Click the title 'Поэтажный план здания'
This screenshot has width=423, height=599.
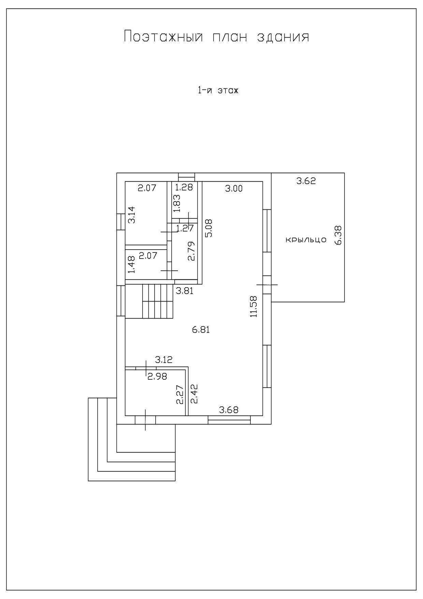[216, 37]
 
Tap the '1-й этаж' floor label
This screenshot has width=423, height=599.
[217, 91]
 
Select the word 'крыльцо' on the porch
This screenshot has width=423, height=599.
[306, 240]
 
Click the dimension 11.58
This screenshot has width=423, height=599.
[253, 306]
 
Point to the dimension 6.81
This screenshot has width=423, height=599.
[201, 330]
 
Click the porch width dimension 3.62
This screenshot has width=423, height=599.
[306, 181]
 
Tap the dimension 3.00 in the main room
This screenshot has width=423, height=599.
[234, 188]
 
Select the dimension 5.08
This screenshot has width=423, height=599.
[208, 228]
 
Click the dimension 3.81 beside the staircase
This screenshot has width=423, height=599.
[185, 291]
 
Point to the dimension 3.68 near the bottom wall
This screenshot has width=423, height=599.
[229, 410]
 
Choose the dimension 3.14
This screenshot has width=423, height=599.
[131, 215]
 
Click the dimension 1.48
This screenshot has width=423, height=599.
[131, 265]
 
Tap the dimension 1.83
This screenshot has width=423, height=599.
[177, 204]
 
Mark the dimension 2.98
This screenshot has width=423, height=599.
[157, 377]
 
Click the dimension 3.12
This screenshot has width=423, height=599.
[164, 360]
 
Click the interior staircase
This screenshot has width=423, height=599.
[149, 301]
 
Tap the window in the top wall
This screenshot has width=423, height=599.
[187, 177]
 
